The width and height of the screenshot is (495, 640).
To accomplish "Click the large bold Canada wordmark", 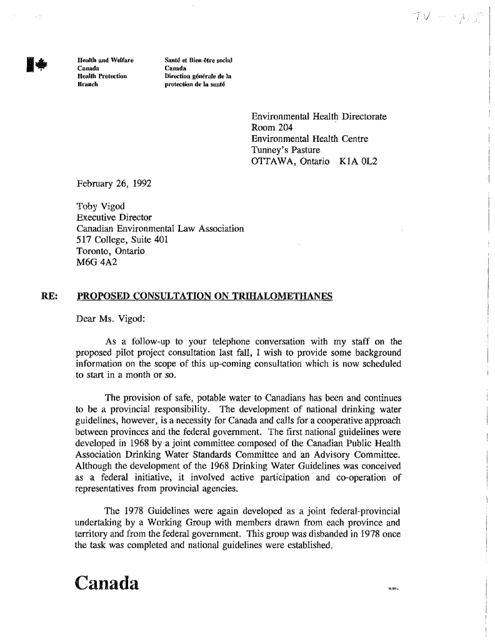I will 115,582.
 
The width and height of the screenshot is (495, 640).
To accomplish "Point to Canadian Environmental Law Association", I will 159,229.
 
